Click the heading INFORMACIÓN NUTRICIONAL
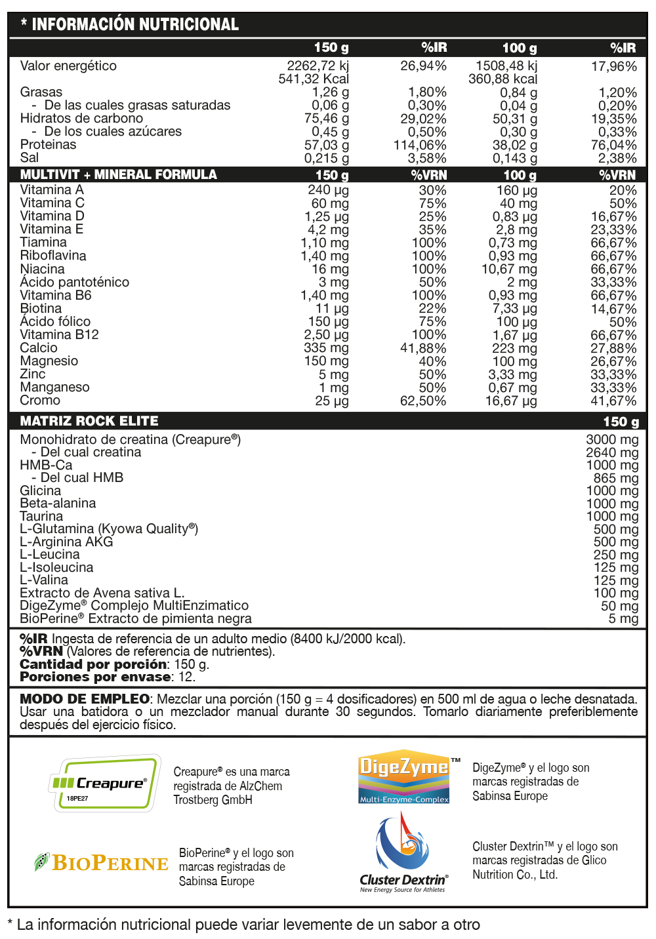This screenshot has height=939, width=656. click(x=134, y=25)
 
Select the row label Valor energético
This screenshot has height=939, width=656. click(x=68, y=66)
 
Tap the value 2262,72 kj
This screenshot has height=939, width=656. click(x=318, y=66)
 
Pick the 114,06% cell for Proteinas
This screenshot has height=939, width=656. click(x=420, y=145)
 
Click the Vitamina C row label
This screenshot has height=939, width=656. click(x=52, y=203)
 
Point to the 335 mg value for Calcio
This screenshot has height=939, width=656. click(x=326, y=348)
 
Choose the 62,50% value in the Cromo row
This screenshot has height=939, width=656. click(x=423, y=401)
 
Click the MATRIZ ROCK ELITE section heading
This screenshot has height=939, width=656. click(x=89, y=421)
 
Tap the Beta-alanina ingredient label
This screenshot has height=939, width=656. click(x=58, y=503)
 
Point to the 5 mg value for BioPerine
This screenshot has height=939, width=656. click(x=623, y=618)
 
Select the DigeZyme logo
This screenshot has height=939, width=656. click(x=404, y=776)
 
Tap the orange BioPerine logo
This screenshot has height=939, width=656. click(x=102, y=863)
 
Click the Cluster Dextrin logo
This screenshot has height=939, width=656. click(x=403, y=852)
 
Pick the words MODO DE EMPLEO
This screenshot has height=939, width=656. click(x=85, y=699)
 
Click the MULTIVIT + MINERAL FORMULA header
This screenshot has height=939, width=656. click(x=118, y=174)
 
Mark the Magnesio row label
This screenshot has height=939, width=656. click(x=49, y=361)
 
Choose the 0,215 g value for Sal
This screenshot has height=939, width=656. click(x=326, y=158)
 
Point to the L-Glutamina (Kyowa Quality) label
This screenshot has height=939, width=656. click(x=109, y=529)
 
